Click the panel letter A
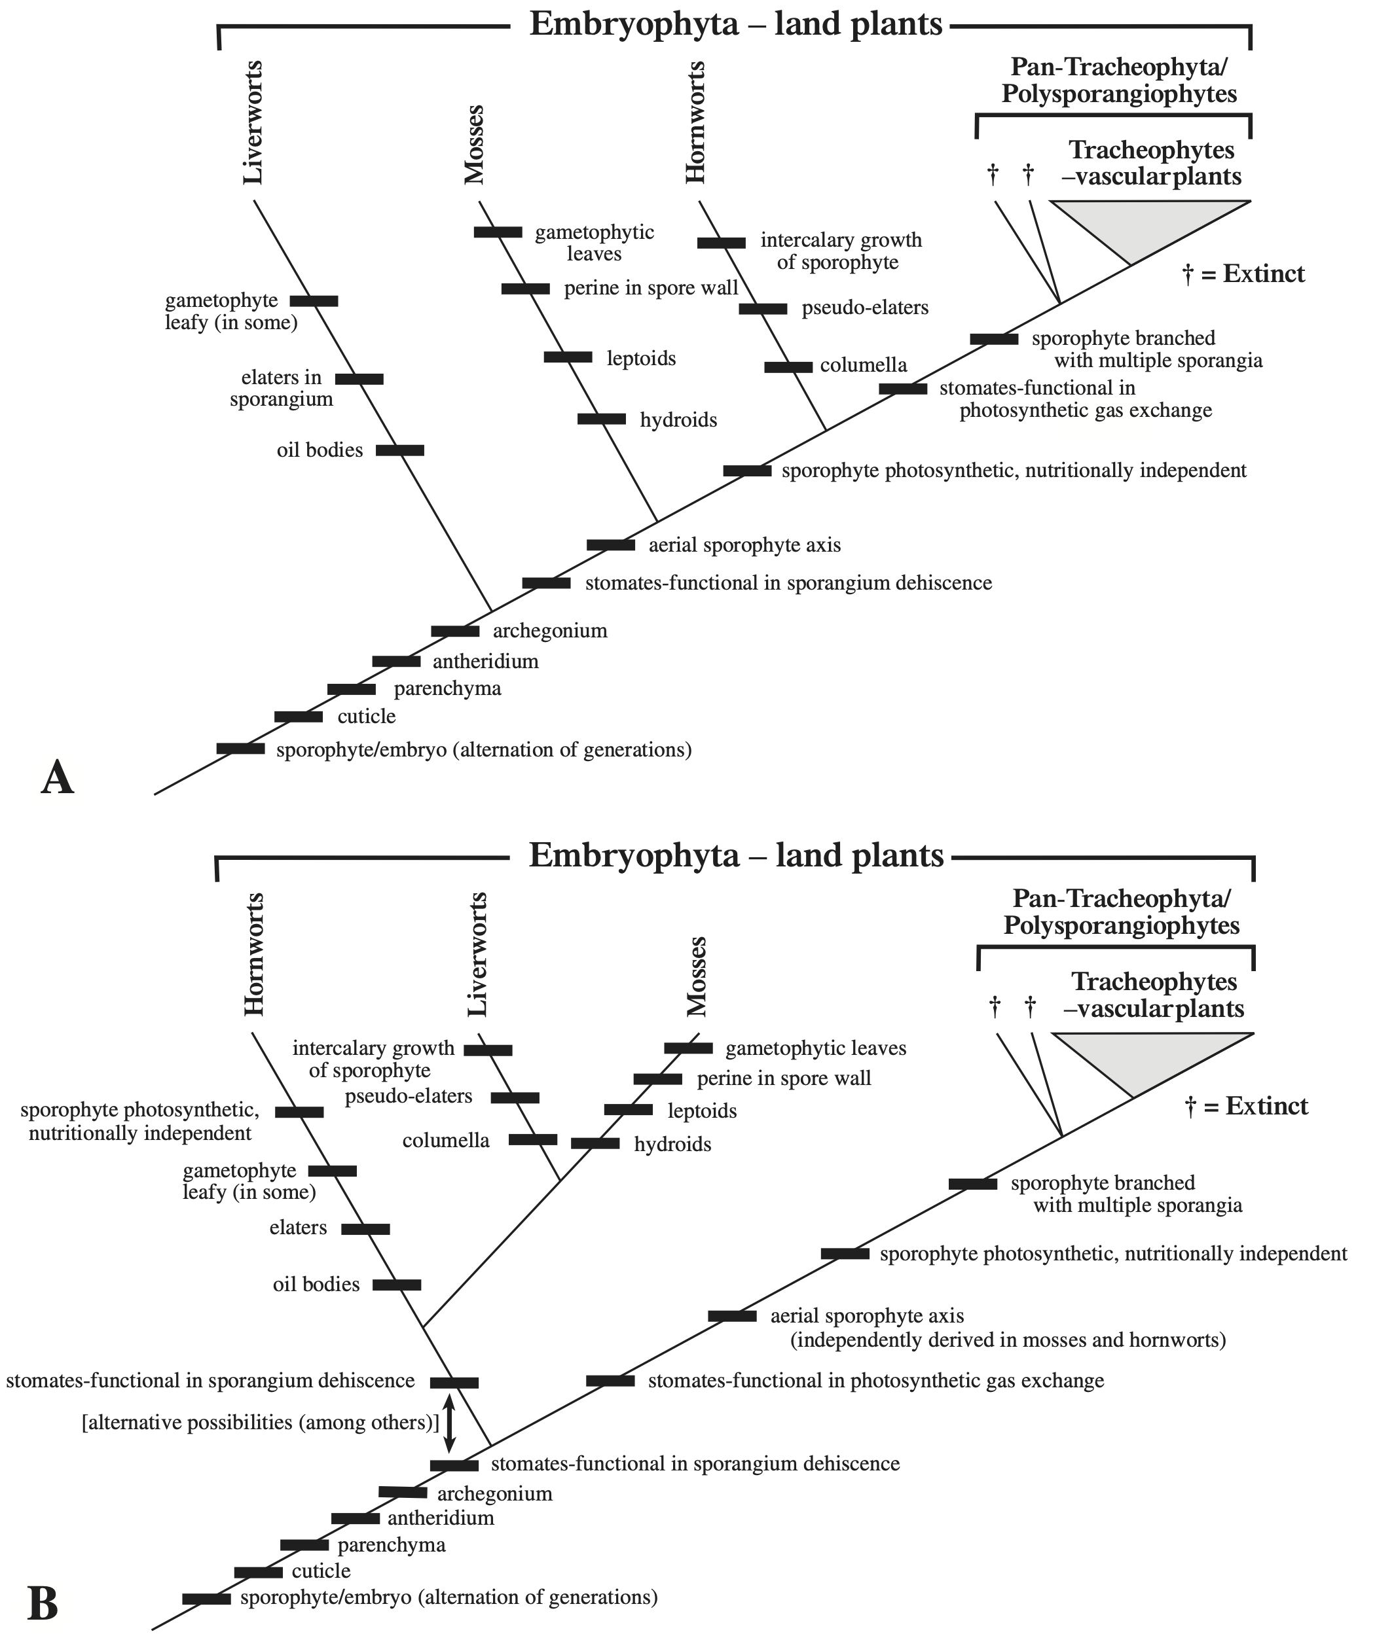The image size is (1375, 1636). (57, 778)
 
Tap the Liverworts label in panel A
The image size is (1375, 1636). (253, 123)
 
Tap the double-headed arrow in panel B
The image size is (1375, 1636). (449, 1424)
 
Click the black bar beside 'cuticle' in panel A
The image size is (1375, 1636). (299, 717)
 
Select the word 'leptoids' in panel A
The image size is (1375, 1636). (641, 359)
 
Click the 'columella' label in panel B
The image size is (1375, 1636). (446, 1141)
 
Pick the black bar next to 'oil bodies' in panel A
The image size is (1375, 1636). (400, 450)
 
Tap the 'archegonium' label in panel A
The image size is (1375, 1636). (549, 630)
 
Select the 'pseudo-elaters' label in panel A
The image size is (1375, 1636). (865, 308)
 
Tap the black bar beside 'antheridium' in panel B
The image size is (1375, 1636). (356, 1518)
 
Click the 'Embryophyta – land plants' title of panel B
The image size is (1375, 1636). (736, 855)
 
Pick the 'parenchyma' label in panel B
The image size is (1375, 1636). (392, 1545)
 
